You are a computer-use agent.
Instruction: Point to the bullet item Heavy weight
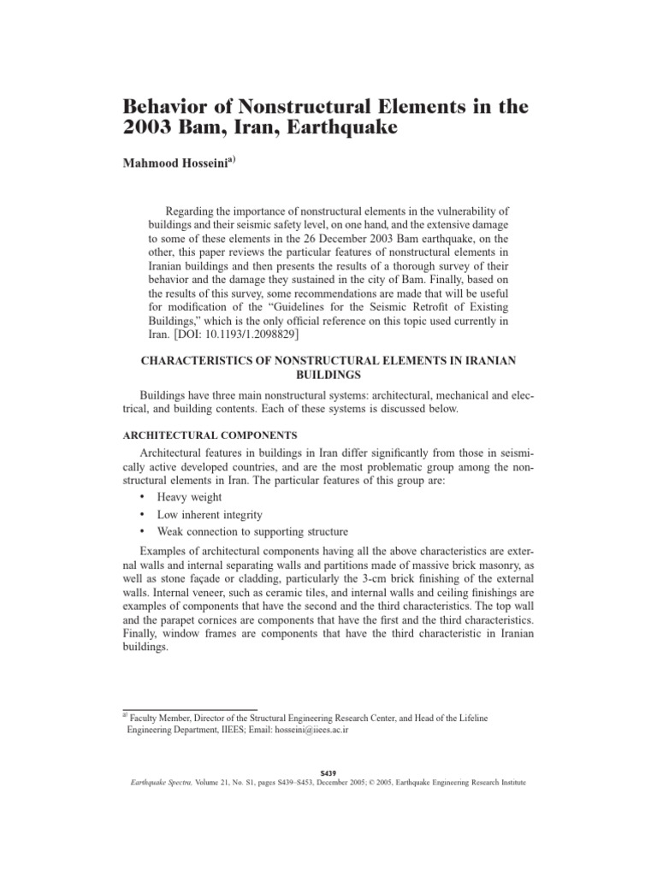(189, 497)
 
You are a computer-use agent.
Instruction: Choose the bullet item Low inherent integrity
(210, 515)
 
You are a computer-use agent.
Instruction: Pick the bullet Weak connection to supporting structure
(252, 532)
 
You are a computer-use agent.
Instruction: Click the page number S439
(328, 772)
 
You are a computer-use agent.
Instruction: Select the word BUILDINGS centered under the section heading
(328, 374)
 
